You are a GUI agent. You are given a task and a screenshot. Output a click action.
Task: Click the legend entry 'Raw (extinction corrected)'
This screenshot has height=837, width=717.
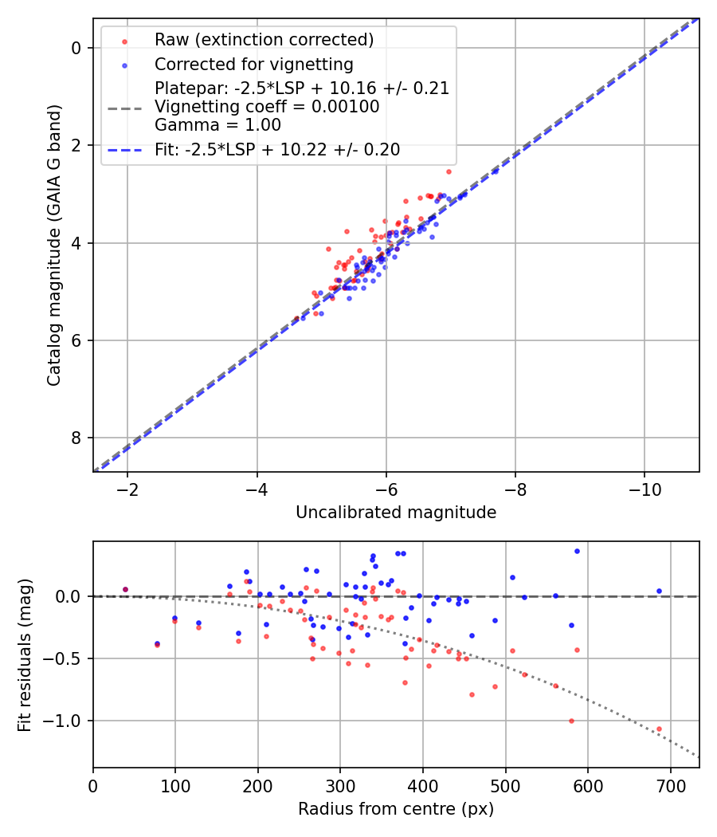tap(264, 40)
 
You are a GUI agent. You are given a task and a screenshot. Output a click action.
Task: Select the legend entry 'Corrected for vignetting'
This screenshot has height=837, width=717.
tap(253, 64)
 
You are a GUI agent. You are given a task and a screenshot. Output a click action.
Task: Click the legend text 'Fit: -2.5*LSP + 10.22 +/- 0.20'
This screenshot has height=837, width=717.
tap(277, 149)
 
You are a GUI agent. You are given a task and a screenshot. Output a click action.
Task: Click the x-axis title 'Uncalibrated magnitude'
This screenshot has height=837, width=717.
tap(396, 513)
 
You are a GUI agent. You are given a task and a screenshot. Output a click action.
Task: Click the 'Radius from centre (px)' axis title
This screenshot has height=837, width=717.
tap(396, 809)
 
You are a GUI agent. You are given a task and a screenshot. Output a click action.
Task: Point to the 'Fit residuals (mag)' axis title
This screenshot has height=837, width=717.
tap(25, 654)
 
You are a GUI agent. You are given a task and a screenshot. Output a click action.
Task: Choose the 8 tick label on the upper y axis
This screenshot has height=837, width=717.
tap(76, 438)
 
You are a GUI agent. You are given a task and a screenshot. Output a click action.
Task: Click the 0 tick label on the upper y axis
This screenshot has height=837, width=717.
tap(76, 49)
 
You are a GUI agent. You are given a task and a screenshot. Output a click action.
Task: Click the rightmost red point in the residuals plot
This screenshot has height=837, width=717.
tap(659, 729)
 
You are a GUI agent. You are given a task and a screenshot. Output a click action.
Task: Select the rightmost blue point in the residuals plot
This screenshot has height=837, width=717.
tap(659, 591)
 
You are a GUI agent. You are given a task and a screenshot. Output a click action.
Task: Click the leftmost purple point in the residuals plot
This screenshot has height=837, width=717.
tap(125, 589)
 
